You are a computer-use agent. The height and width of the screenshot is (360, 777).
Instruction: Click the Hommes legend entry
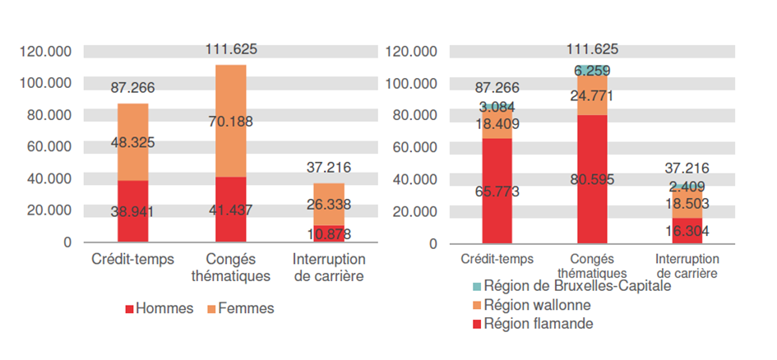[160, 308]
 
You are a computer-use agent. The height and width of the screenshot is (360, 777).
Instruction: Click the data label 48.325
[133, 142]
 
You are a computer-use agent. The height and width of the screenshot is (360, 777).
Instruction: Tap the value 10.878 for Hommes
[327, 234]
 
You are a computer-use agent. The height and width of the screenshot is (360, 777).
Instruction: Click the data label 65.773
[497, 192]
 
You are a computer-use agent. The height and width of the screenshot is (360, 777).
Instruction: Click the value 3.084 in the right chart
[497, 107]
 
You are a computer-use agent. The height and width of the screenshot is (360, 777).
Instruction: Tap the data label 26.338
[327, 204]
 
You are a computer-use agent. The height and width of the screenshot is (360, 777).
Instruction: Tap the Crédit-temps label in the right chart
[497, 259]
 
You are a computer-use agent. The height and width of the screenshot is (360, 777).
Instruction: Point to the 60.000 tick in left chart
[49, 146]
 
